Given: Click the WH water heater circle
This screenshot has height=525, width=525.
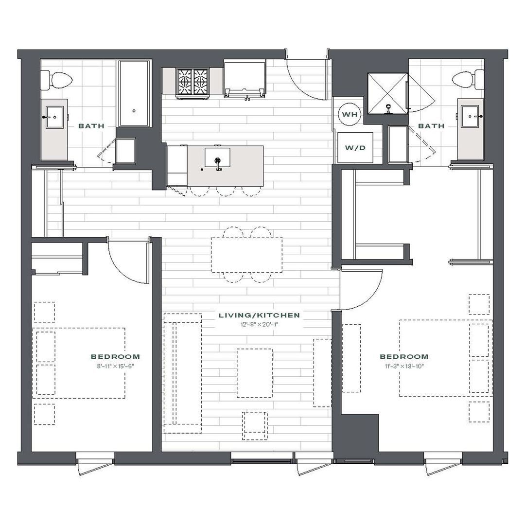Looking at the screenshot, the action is coord(350,114).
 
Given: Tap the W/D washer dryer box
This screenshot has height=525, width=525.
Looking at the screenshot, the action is coord(355,148).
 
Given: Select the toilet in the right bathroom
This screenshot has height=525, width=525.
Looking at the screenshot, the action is coord(468,80).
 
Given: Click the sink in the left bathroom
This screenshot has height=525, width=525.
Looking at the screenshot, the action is coord(54,117).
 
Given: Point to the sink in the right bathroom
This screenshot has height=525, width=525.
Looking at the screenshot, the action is coord(471,116).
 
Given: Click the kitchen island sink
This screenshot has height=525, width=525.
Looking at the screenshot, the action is coord(218,157).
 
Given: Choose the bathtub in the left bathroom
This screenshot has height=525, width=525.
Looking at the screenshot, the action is coord(134,93).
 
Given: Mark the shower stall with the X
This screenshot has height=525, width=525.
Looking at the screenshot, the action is coord(388,93).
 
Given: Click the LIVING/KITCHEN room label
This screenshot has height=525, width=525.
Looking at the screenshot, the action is coord(259,315).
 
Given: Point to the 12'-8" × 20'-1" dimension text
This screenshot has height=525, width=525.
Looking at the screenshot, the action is coord(259,324).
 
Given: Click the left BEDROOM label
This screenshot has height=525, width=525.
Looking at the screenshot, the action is coord(115,357).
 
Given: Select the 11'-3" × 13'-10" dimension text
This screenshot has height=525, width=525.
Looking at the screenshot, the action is coord(404,366).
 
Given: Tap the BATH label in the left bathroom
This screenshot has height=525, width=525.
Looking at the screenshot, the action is coord(91,126).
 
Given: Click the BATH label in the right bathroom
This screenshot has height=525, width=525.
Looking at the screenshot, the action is coord(431,126).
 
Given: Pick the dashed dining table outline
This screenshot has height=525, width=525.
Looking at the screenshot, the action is coord(246,254).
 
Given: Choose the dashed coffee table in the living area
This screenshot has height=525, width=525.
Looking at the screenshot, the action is coord(254,373).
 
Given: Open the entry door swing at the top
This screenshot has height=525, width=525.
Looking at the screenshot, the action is coord(306,79).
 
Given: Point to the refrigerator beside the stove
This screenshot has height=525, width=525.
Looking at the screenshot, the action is coord(245,79).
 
